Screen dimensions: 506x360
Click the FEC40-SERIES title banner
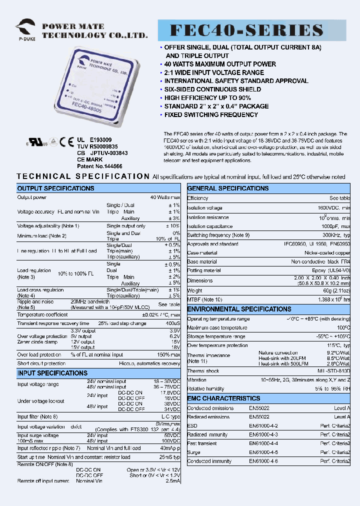pyautogui.click(x=252, y=31)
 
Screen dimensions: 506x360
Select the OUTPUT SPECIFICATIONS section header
pyautogui.click(x=55, y=188)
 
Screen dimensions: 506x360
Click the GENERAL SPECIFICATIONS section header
pyautogui.click(x=228, y=188)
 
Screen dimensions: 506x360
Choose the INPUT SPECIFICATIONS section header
pyautogui.click(x=52, y=373)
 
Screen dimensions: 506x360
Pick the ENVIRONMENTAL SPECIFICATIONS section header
pyautogui.click(x=239, y=309)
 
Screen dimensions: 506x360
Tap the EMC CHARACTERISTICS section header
pyautogui.click(x=223, y=398)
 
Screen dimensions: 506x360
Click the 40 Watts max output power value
pyautogui.click(x=165, y=197)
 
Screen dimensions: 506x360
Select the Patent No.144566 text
pyautogui.click(x=99, y=166)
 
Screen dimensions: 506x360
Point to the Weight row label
pyautogui.click(x=195, y=290)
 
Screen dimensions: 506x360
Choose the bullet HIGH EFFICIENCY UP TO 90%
pyautogui.click(x=207, y=98)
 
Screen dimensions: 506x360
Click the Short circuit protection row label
pyautogui.click(x=41, y=363)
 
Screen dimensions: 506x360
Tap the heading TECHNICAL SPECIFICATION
pyautogui.click(x=83, y=176)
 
